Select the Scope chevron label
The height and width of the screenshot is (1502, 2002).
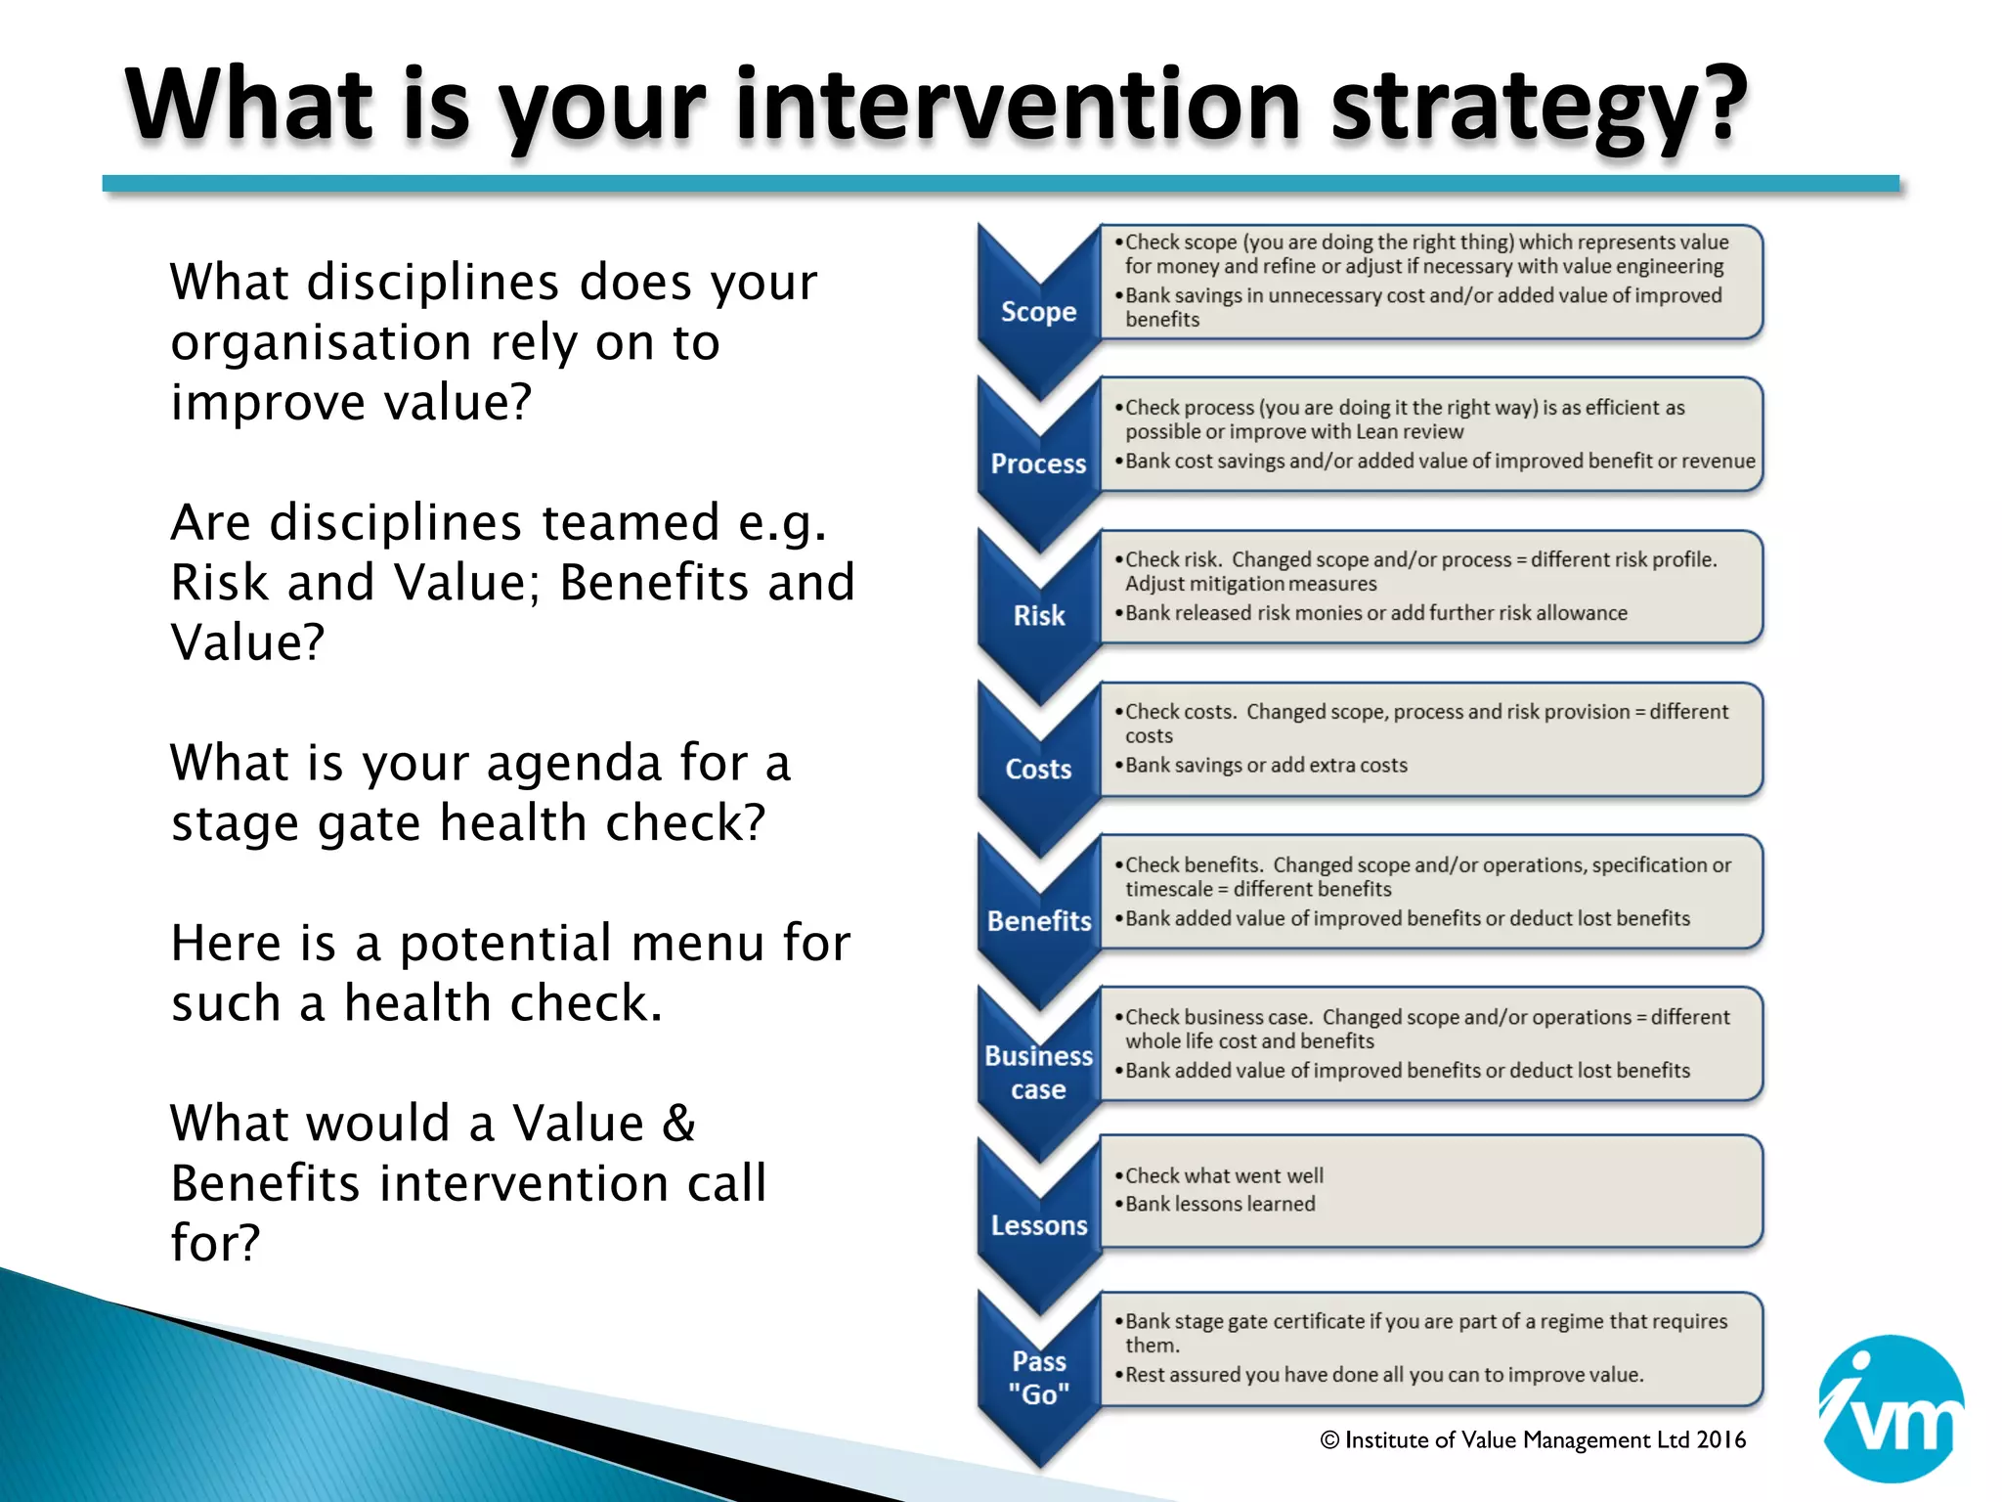tap(1038, 312)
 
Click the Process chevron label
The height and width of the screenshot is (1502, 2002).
tap(1038, 464)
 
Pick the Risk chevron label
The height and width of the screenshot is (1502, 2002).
tap(1038, 616)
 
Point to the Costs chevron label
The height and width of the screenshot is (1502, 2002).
tap(1038, 770)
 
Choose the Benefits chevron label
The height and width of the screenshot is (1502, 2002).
tap(1038, 921)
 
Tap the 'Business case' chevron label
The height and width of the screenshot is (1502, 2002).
tap(1038, 1073)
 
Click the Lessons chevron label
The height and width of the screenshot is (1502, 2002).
tap(1038, 1225)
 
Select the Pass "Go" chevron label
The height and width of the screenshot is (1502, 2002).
tap(1038, 1378)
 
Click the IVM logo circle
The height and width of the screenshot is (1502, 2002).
tap(1891, 1409)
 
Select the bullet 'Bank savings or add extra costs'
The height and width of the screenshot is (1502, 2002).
tap(1266, 765)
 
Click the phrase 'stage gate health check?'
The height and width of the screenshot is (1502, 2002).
tap(468, 822)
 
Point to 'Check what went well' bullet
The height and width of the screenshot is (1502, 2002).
tap(1224, 1175)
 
